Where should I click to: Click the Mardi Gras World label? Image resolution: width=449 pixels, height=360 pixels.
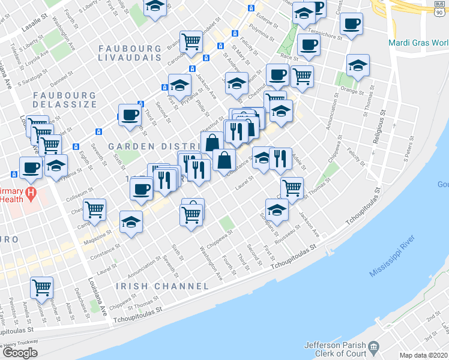click(x=419, y=43)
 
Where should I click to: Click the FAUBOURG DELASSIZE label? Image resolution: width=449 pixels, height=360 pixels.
click(x=65, y=100)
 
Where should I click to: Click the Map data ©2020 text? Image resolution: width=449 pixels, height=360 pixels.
click(x=424, y=355)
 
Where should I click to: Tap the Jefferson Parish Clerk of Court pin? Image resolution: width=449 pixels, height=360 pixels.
click(x=374, y=346)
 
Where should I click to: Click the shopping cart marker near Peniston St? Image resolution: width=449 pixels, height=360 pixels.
click(x=41, y=287)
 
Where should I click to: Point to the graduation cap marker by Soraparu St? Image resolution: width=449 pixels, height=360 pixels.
click(x=277, y=209)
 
